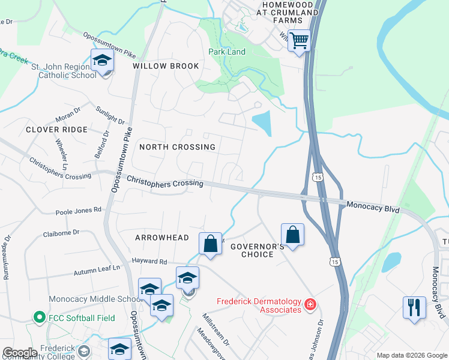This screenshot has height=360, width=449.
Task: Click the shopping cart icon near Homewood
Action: (298, 41)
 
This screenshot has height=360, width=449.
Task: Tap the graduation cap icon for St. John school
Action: (103, 61)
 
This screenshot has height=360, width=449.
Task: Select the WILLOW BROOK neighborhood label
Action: (166, 66)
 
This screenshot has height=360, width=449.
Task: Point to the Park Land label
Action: (227, 52)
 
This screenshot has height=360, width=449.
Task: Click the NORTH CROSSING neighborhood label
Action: (177, 147)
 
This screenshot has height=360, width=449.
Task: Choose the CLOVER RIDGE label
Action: (56, 130)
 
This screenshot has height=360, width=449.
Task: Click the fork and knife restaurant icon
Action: (414, 308)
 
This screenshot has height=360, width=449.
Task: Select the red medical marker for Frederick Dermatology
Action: (310, 305)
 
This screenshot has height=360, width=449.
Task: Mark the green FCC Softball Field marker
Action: (40, 316)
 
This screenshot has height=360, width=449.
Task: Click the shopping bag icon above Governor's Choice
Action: (292, 234)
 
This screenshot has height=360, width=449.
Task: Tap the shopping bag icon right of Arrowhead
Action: (210, 244)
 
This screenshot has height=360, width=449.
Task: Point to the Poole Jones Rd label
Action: (79, 211)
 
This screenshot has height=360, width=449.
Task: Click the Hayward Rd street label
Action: (149, 262)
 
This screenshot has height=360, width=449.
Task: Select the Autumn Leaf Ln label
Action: (97, 272)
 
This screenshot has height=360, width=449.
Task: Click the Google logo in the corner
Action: (20, 353)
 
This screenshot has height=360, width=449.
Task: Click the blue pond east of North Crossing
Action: (262, 124)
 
